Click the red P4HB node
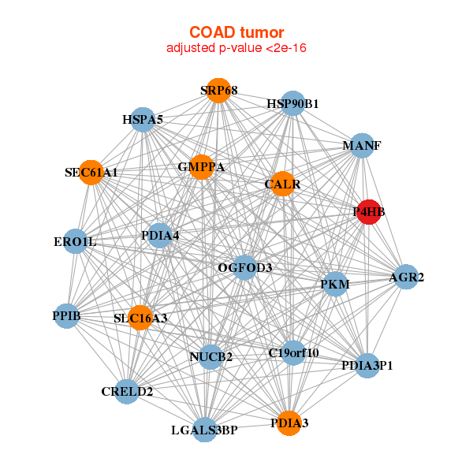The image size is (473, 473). pos(369,211)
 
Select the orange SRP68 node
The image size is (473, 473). pos(218,91)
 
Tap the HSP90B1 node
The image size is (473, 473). pos(292,103)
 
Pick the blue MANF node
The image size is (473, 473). pos(361,146)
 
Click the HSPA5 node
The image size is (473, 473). pos(143,120)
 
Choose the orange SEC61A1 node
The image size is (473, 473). pos(91,172)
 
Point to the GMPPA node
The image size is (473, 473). pos(201,167)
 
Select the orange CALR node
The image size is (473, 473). pos(282,184)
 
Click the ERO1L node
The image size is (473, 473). pos(75,241)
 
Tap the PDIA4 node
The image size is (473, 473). pos(160,235)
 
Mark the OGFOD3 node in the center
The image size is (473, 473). pos(245,268)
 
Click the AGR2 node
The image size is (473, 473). pos(406,277)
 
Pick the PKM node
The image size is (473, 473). pos(335,284)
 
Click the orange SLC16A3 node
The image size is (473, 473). pos(140,318)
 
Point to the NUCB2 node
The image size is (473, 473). pos(210,357)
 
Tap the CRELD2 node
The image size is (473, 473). pos(127,391)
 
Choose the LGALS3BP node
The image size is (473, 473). pos(204,430)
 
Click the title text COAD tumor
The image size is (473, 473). pos(236,32)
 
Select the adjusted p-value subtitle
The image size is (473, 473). pos(236,49)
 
